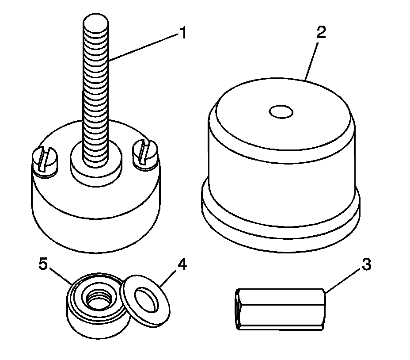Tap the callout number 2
coord(321,34)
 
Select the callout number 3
coord(366,265)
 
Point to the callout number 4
coord(182,265)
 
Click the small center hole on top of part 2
coord(281,112)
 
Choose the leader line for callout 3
coord(342,281)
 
